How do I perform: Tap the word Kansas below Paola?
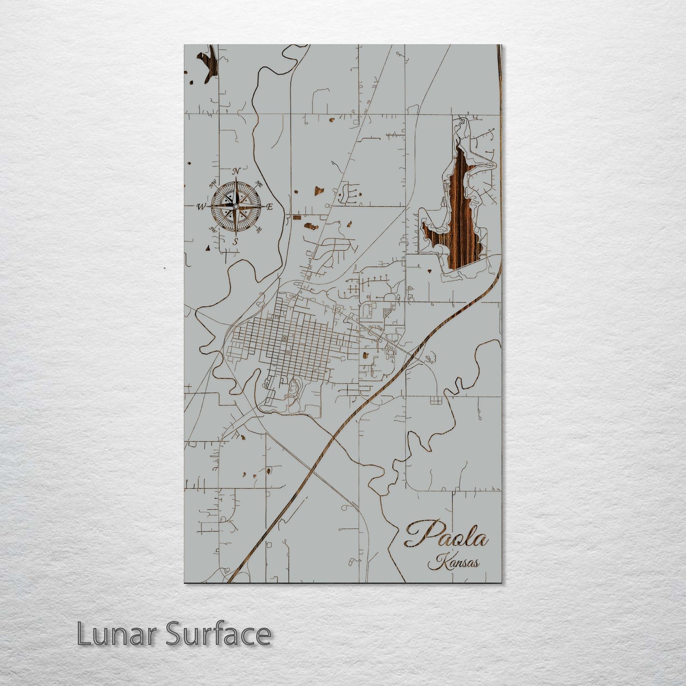click(x=453, y=564)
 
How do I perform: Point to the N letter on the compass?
click(x=236, y=171)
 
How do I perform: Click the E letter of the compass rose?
click(x=269, y=207)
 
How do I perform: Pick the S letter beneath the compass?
click(x=235, y=242)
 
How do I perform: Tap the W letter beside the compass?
click(x=201, y=207)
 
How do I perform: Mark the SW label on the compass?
click(x=213, y=229)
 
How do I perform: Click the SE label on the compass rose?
click(x=259, y=230)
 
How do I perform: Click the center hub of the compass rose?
click(x=235, y=207)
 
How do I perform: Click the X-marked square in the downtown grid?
click(x=284, y=338)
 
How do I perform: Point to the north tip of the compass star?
click(x=236, y=179)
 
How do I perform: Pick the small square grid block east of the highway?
click(x=435, y=401)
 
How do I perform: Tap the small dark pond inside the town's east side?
click(x=365, y=355)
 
